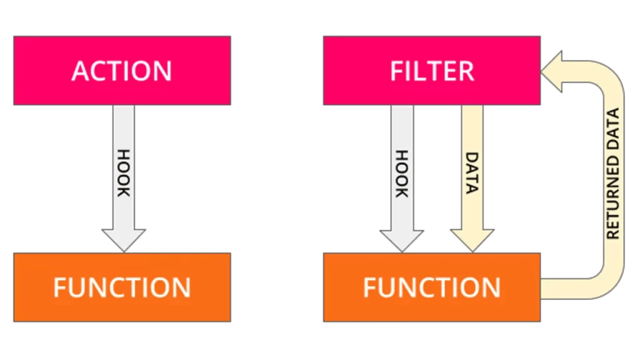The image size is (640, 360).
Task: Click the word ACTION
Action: coord(122,71)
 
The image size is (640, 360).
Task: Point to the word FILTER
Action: coord(432,71)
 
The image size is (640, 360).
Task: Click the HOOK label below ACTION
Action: coord(124,173)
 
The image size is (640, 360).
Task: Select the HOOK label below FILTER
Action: coord(402,173)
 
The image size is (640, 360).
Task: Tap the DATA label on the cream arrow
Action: coord(472,173)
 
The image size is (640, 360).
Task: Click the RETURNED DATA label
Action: coord(613,173)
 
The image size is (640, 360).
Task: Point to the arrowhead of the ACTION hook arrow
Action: coord(124,239)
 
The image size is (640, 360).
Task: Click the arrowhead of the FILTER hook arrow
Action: coord(402,239)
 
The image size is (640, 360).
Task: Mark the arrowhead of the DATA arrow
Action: coord(472,239)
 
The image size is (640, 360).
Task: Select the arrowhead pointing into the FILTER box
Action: coord(552,70)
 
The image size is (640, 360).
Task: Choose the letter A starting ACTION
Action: coord(81,71)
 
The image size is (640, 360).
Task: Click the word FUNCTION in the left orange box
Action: coord(122,287)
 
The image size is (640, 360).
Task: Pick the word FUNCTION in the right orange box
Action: coord(432,287)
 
